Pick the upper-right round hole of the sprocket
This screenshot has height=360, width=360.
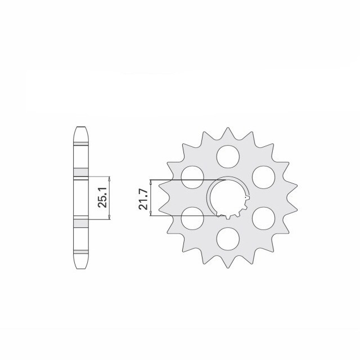pyautogui.click(x=263, y=175)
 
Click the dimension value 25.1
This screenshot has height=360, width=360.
pyautogui.click(x=102, y=197)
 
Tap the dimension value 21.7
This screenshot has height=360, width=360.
pyautogui.click(x=145, y=197)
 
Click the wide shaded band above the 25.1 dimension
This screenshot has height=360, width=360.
pyautogui.click(x=81, y=172)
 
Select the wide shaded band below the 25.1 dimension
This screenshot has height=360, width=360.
pyautogui.click(x=81, y=222)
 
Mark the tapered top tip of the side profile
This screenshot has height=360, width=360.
pyautogui.click(x=81, y=130)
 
